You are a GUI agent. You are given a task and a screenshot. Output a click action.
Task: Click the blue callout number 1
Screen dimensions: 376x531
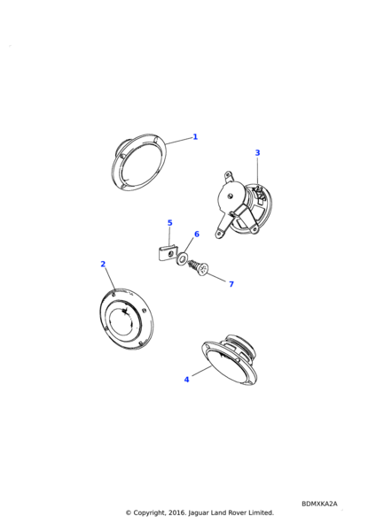click(195, 137)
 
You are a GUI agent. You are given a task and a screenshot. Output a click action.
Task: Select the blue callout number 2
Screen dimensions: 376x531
click(103, 264)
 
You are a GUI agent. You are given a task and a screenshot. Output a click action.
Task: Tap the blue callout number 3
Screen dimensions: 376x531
click(257, 153)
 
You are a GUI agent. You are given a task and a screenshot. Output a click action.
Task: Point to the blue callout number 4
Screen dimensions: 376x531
click(186, 380)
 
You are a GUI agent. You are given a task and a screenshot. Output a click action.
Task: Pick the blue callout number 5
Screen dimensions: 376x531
click(170, 223)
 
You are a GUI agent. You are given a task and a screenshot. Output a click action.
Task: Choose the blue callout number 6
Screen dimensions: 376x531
click(197, 234)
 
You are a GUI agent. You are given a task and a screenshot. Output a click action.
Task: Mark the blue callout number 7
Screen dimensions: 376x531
click(231, 284)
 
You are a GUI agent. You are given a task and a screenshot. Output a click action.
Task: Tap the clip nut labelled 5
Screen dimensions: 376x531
click(168, 253)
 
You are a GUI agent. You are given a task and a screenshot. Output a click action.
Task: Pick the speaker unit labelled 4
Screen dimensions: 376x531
click(230, 361)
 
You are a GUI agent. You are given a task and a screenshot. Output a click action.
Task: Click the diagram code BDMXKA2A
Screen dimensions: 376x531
click(319, 504)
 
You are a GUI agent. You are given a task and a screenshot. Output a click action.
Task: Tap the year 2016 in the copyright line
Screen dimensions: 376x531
click(176, 512)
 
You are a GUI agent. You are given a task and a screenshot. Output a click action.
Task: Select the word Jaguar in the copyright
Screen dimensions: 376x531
click(198, 512)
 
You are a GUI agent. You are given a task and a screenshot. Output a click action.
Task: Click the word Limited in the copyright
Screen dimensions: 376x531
click(261, 512)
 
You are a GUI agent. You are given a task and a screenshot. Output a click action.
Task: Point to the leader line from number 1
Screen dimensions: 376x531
click(179, 141)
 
